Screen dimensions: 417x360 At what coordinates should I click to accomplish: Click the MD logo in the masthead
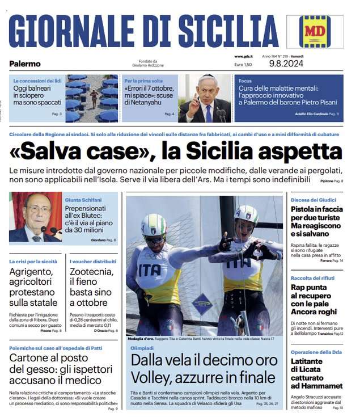click(x=315, y=31)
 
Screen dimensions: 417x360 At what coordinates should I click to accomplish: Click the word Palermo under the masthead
click(x=25, y=64)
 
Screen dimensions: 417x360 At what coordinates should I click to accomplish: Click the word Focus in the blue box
click(x=245, y=81)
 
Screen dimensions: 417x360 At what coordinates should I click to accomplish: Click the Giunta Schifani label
click(x=83, y=200)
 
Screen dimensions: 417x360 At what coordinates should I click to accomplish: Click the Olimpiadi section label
click(x=142, y=347)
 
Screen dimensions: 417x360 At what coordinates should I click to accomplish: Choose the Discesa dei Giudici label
click(x=314, y=200)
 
